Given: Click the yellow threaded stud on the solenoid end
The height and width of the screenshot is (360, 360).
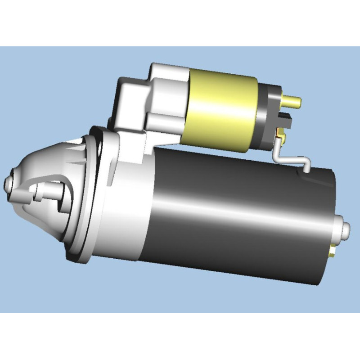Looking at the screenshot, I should click(x=294, y=101).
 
